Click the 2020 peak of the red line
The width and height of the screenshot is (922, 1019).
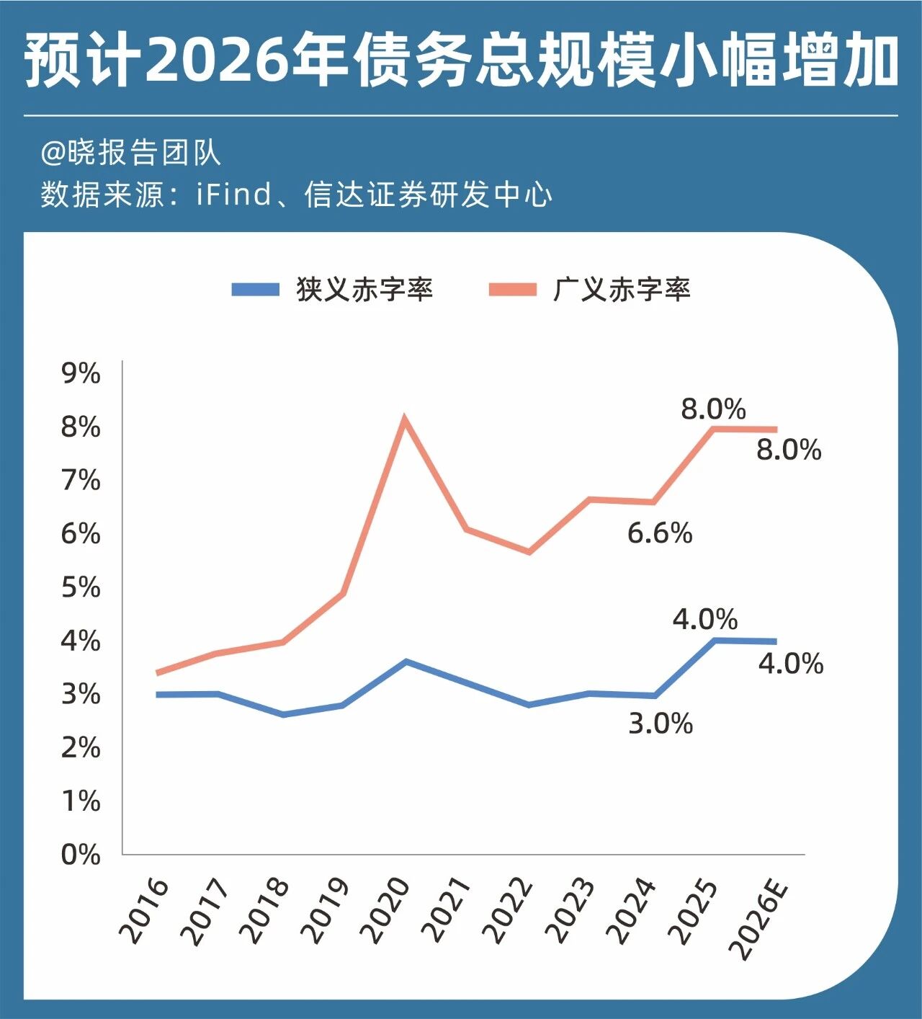(x=405, y=419)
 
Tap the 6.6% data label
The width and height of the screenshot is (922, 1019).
(x=660, y=533)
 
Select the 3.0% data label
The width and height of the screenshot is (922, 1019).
(x=661, y=723)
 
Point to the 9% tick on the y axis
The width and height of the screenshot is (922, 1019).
(x=81, y=373)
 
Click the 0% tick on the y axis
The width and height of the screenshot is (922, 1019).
(x=81, y=855)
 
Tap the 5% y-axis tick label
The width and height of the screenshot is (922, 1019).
(x=81, y=587)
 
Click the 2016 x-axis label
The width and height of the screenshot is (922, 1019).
(x=144, y=911)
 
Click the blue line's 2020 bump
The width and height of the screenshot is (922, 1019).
(x=406, y=661)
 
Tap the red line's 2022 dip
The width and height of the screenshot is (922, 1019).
(x=529, y=552)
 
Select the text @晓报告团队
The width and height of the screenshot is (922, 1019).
(x=130, y=153)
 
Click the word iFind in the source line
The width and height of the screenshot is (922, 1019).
(x=234, y=195)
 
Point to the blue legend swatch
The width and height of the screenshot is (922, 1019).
(x=255, y=290)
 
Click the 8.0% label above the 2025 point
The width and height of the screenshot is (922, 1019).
(x=713, y=409)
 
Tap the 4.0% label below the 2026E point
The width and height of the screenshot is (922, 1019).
(x=790, y=664)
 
